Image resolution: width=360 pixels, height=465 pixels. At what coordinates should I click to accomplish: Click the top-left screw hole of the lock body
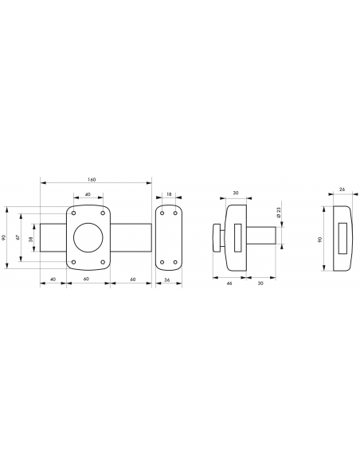pos(73,213)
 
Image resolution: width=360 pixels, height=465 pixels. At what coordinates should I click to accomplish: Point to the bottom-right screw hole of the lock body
pos(103,263)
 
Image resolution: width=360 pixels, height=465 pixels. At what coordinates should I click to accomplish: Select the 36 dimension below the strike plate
pos(168,282)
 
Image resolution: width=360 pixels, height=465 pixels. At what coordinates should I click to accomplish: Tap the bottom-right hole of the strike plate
pos(174,263)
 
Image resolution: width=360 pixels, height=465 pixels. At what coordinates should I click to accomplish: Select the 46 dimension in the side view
pos(229,282)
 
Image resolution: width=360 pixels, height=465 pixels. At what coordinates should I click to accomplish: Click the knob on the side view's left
pos(215,238)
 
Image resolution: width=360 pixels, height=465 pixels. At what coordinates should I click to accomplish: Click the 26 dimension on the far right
pos(342,190)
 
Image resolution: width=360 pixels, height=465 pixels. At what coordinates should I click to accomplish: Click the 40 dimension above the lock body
pos(88,193)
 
